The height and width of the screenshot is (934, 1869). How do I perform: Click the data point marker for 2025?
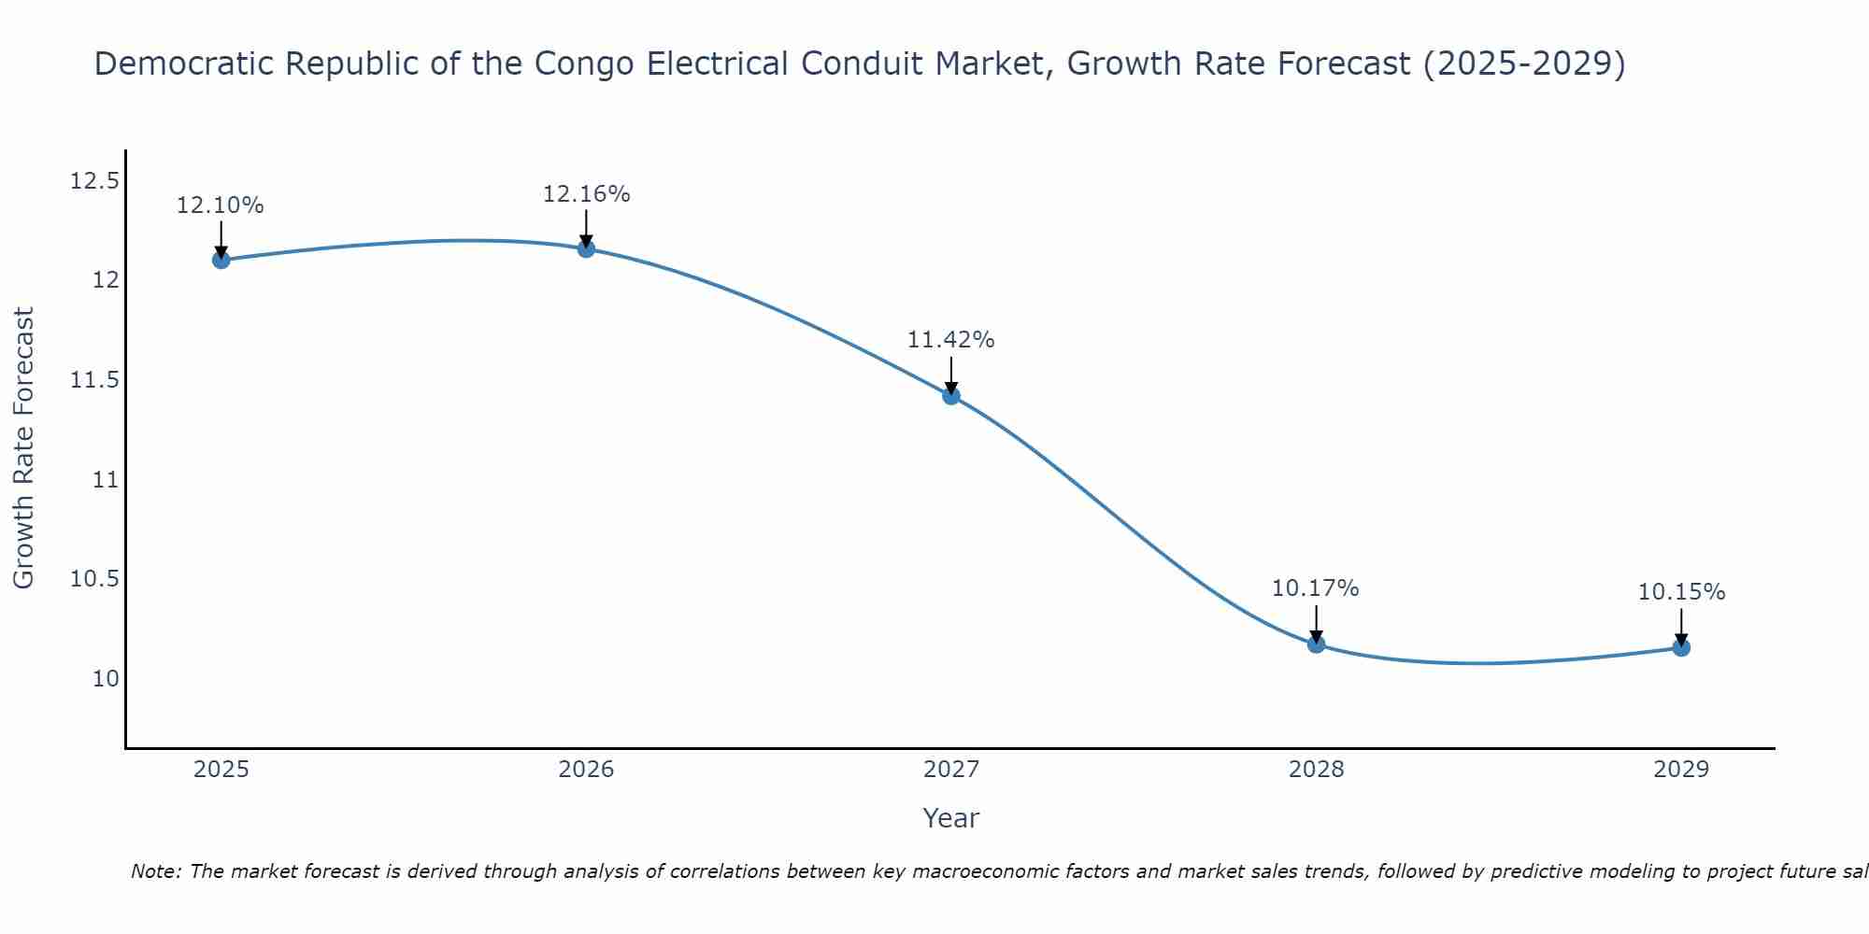(x=221, y=260)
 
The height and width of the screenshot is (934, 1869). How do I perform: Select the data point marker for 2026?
(x=586, y=248)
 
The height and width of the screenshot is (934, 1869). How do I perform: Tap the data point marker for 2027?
(x=951, y=396)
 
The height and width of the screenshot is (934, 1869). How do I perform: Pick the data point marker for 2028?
(x=1316, y=644)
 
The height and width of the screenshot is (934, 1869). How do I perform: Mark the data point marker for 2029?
(x=1681, y=647)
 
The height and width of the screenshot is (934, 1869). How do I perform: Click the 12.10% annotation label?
(x=221, y=205)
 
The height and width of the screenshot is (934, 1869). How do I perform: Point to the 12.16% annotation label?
(x=586, y=194)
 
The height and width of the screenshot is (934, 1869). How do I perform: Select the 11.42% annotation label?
(x=951, y=340)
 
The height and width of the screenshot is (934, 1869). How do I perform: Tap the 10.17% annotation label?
(x=1316, y=588)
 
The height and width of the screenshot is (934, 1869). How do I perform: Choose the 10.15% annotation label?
(x=1681, y=592)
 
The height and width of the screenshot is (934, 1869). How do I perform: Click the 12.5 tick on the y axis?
(x=94, y=181)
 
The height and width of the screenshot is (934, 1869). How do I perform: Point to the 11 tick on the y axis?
(x=106, y=480)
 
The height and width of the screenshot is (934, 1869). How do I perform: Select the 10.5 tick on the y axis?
(x=94, y=579)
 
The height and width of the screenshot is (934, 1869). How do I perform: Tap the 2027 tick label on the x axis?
(x=951, y=770)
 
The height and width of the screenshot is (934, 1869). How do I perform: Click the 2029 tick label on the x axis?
(x=1681, y=770)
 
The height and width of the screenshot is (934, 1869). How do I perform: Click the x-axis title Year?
(x=950, y=818)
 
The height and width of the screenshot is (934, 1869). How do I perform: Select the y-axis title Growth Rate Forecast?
(x=24, y=447)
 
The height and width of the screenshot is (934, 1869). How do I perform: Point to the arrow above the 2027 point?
(x=951, y=375)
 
